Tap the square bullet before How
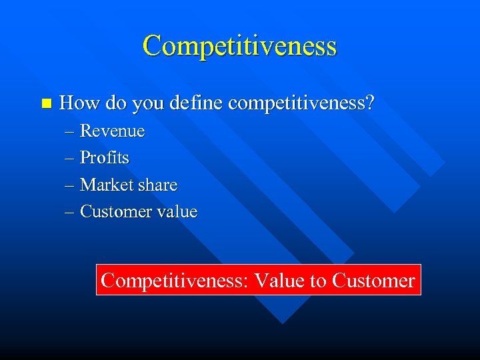(x=45, y=103)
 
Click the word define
(x=195, y=103)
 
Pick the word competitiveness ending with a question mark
(x=301, y=103)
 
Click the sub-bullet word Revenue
(x=112, y=131)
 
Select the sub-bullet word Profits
(x=105, y=158)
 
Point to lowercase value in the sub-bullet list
(x=177, y=212)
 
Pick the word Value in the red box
(x=279, y=280)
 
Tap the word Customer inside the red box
(x=373, y=280)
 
